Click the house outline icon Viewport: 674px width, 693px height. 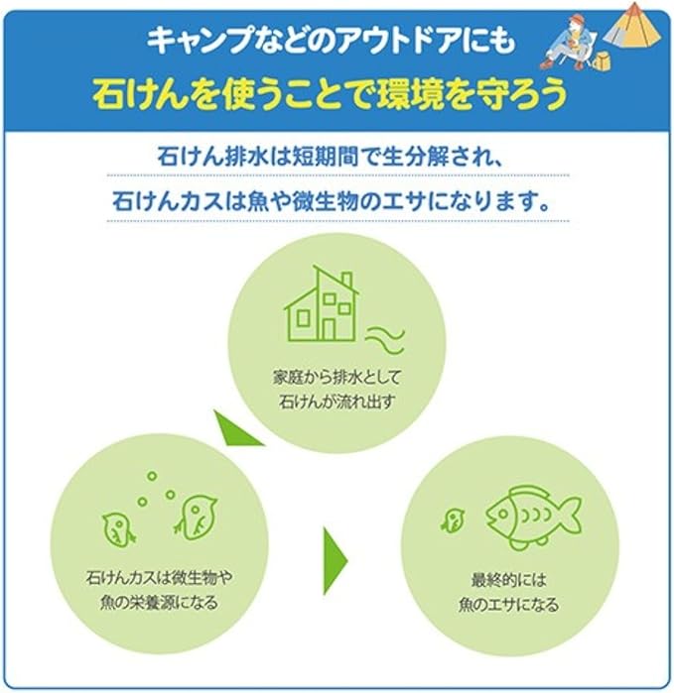pos(321,303)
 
